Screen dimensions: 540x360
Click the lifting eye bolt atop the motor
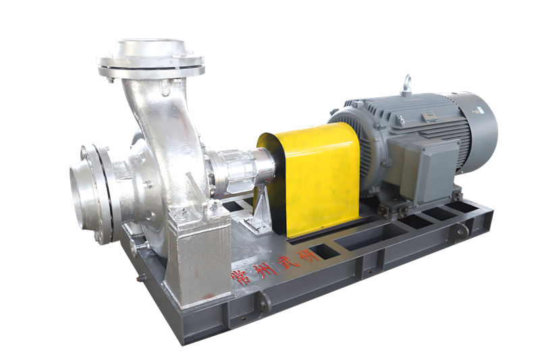pos(408,84)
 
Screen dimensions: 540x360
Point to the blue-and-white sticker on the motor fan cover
pos(479,110)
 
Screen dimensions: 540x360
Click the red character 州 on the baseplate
pos(260,271)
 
